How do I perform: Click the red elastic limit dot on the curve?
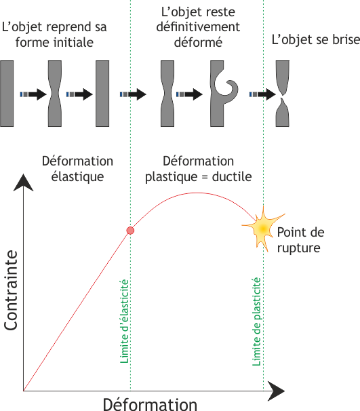click(130, 231)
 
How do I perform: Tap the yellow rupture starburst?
click(263, 229)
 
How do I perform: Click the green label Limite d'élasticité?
click(125, 321)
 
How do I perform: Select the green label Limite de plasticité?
click(257, 321)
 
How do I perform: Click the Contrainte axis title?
click(11, 290)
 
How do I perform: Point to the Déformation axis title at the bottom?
click(150, 404)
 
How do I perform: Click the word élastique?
click(77, 176)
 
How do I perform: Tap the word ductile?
click(232, 176)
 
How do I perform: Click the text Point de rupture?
click(301, 240)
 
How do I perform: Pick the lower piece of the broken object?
click(283, 114)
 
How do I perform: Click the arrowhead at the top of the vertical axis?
click(23, 182)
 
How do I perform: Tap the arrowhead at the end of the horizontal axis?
click(276, 391)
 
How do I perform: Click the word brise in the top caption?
click(346, 39)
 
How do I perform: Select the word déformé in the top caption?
click(199, 42)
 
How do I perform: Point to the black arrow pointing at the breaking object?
click(263, 94)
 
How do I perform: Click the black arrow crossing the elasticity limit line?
click(133, 94)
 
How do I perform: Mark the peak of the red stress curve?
click(196, 193)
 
